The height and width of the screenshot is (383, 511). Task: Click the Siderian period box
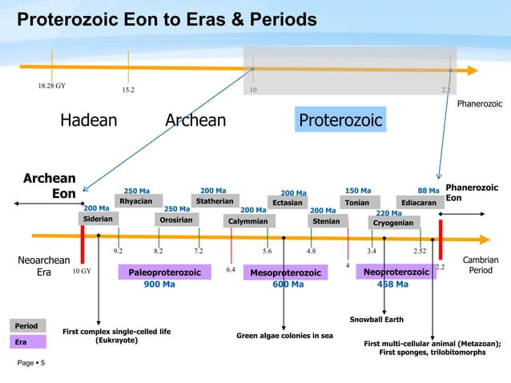[100, 219]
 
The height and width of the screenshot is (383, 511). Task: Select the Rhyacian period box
[138, 201]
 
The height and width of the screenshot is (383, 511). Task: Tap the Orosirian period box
[178, 219]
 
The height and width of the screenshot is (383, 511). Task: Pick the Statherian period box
[215, 200]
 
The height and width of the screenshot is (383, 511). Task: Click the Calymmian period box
[248, 221]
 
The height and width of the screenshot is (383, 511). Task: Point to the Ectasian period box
[288, 203]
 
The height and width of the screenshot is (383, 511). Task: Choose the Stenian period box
[326, 220]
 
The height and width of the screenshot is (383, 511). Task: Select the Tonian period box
[357, 203]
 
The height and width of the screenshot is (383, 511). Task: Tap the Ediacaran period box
[420, 203]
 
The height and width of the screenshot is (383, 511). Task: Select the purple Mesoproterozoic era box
[286, 273]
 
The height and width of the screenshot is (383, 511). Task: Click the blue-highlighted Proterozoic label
[340, 121]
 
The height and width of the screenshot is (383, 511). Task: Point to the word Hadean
[89, 121]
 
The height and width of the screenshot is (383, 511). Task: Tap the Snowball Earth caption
[371, 320]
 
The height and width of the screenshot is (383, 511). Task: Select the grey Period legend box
[27, 326]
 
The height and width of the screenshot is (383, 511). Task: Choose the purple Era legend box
[27, 341]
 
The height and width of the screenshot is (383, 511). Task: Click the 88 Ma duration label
[428, 191]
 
